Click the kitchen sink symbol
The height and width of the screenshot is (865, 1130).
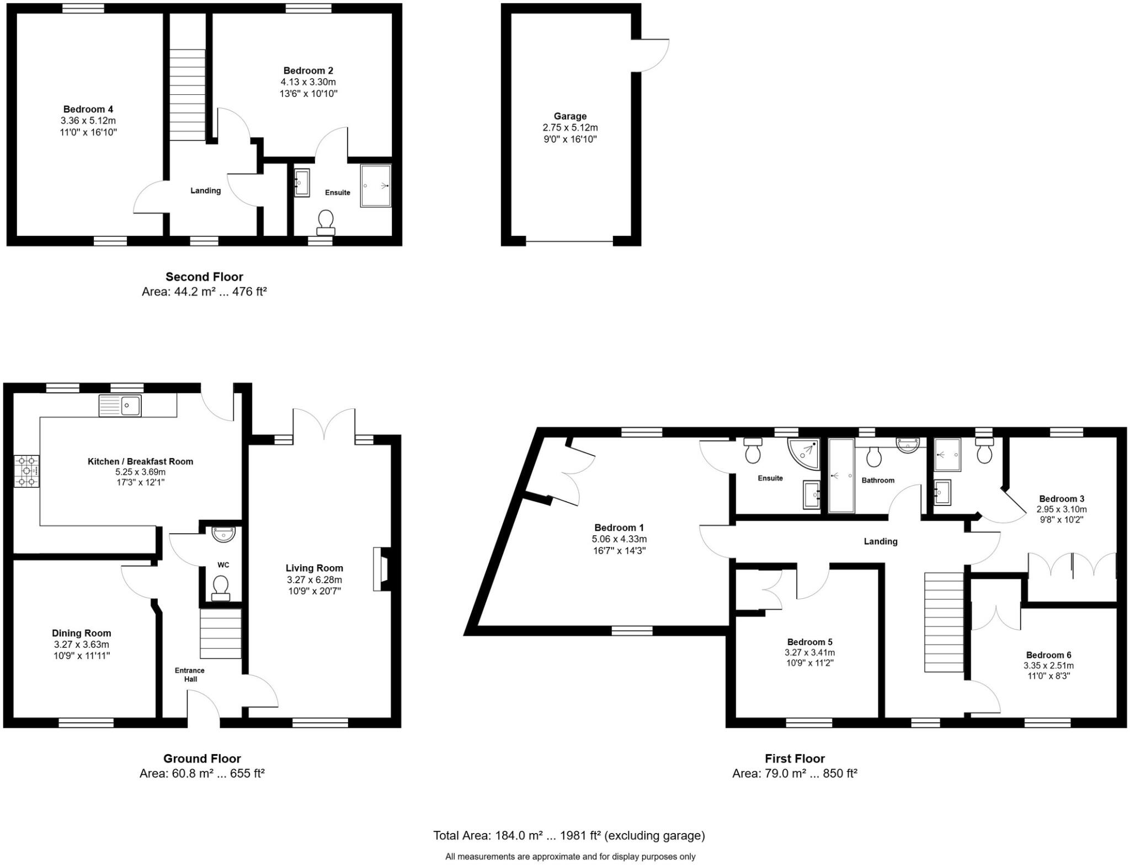(x=120, y=406)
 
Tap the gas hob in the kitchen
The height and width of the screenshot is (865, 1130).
(x=27, y=471)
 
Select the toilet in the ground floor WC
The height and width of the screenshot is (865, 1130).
(x=221, y=587)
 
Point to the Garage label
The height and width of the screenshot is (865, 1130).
(x=570, y=116)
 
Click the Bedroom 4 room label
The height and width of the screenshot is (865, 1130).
(x=88, y=109)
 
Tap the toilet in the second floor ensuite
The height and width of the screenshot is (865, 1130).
(x=326, y=222)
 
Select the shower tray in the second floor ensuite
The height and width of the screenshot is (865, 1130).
(x=376, y=186)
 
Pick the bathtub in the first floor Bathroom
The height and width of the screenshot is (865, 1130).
(x=841, y=475)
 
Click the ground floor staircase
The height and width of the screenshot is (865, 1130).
(x=221, y=633)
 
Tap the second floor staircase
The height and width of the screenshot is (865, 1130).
(x=187, y=95)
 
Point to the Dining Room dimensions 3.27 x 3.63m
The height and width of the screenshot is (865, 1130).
(x=82, y=644)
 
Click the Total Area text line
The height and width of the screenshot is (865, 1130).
(x=569, y=836)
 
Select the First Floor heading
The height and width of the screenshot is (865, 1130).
(x=795, y=759)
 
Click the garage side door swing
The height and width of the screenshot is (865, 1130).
(x=651, y=55)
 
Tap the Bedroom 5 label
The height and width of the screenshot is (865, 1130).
(x=809, y=642)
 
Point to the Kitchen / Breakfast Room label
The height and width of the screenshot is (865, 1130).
(x=140, y=461)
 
